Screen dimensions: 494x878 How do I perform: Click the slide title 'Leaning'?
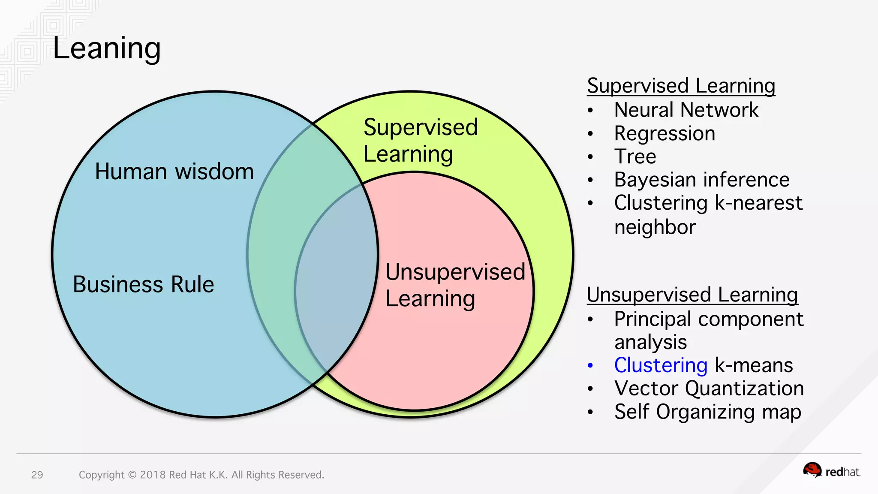[x=107, y=48]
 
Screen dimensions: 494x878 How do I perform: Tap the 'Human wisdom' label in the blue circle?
[x=174, y=172]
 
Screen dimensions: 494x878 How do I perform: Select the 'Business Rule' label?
[x=143, y=284]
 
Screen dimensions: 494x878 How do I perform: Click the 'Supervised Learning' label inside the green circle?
[x=420, y=140]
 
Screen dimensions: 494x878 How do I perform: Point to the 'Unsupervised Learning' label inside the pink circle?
[x=455, y=285]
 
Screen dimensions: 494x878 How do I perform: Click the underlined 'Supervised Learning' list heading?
[x=681, y=86]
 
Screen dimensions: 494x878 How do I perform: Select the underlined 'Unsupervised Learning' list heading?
[x=692, y=295]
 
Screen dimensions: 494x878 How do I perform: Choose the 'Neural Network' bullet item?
[x=686, y=110]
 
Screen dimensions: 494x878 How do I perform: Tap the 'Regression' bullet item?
[x=665, y=133]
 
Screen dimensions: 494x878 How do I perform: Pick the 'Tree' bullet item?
[x=635, y=157]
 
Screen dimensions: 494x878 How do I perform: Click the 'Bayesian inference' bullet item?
[x=701, y=180]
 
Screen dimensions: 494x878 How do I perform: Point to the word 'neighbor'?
[x=655, y=227]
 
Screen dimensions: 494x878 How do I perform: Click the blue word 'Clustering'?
[x=661, y=365]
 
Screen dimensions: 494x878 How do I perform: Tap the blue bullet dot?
[x=590, y=366]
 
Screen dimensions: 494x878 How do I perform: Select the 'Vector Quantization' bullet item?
[x=709, y=389]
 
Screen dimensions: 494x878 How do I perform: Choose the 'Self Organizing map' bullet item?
[x=707, y=412]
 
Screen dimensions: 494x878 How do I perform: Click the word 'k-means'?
[x=754, y=365]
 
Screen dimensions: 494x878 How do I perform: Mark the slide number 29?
[x=37, y=475]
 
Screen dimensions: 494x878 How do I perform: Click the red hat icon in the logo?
[x=812, y=470]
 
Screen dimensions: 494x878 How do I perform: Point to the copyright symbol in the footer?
[x=132, y=475]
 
